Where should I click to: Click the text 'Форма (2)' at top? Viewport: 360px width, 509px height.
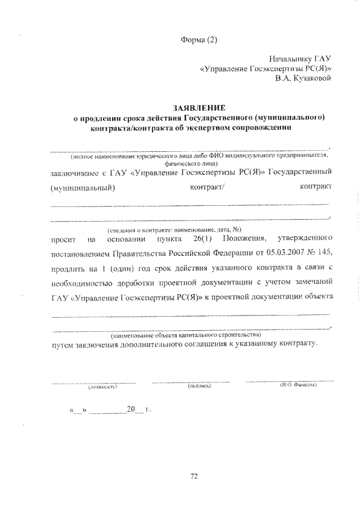(199, 39)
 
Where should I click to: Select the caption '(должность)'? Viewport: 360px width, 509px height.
(102, 388)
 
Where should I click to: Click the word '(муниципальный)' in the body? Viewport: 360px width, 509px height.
(83, 187)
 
